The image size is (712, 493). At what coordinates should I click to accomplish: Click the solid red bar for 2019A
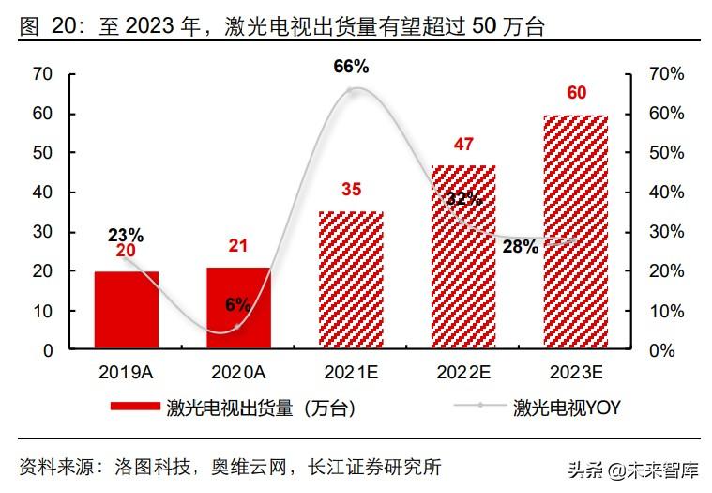[126, 310]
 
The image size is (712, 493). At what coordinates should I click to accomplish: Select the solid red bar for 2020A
[238, 308]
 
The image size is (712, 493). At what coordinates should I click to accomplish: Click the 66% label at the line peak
[351, 67]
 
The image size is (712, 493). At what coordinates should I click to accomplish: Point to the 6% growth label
[237, 304]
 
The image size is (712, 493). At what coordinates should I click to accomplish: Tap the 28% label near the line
[520, 247]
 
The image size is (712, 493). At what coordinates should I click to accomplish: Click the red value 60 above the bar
[577, 93]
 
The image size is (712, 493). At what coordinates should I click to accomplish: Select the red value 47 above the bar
[463, 144]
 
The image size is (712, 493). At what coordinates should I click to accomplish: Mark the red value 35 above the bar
[351, 191]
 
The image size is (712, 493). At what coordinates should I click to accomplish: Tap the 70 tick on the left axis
[41, 74]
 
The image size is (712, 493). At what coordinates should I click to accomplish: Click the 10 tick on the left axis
[41, 311]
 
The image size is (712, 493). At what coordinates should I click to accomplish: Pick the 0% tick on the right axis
[663, 350]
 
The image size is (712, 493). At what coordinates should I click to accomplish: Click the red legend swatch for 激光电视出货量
[135, 408]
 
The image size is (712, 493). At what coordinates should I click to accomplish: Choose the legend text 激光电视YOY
[567, 408]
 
